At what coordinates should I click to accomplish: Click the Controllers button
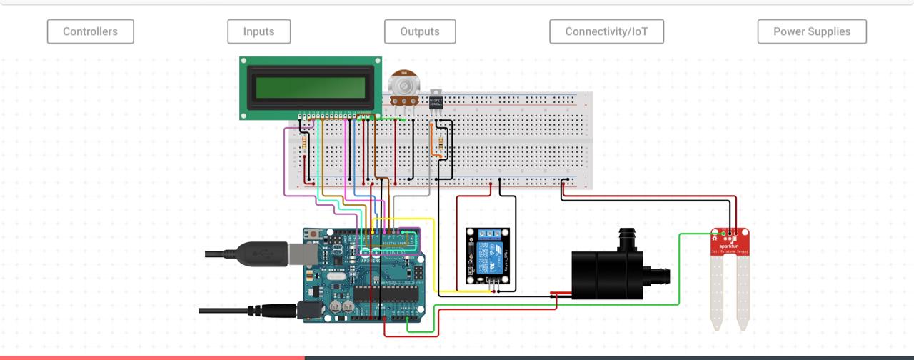(x=90, y=31)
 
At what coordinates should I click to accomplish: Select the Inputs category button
(x=258, y=31)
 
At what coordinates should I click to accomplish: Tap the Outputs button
(x=419, y=31)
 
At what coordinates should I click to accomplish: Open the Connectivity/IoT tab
(x=606, y=31)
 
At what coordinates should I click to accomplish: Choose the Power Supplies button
(x=812, y=31)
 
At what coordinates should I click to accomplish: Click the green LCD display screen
(x=311, y=87)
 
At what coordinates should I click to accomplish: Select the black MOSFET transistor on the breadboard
(x=436, y=101)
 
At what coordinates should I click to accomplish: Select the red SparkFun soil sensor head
(x=730, y=242)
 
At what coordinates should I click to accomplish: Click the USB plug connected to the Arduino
(x=261, y=254)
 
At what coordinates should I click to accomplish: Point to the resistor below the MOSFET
(x=440, y=146)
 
